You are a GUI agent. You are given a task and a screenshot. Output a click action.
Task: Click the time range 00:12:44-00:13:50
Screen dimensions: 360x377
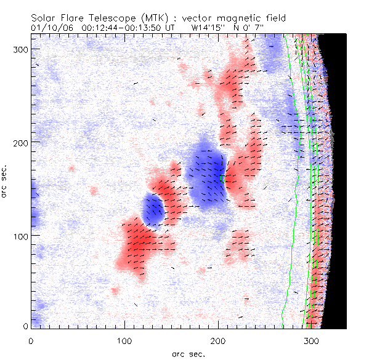pyautogui.click(x=127, y=28)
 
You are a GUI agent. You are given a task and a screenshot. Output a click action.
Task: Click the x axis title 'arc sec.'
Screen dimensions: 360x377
pyautogui.click(x=188, y=354)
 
